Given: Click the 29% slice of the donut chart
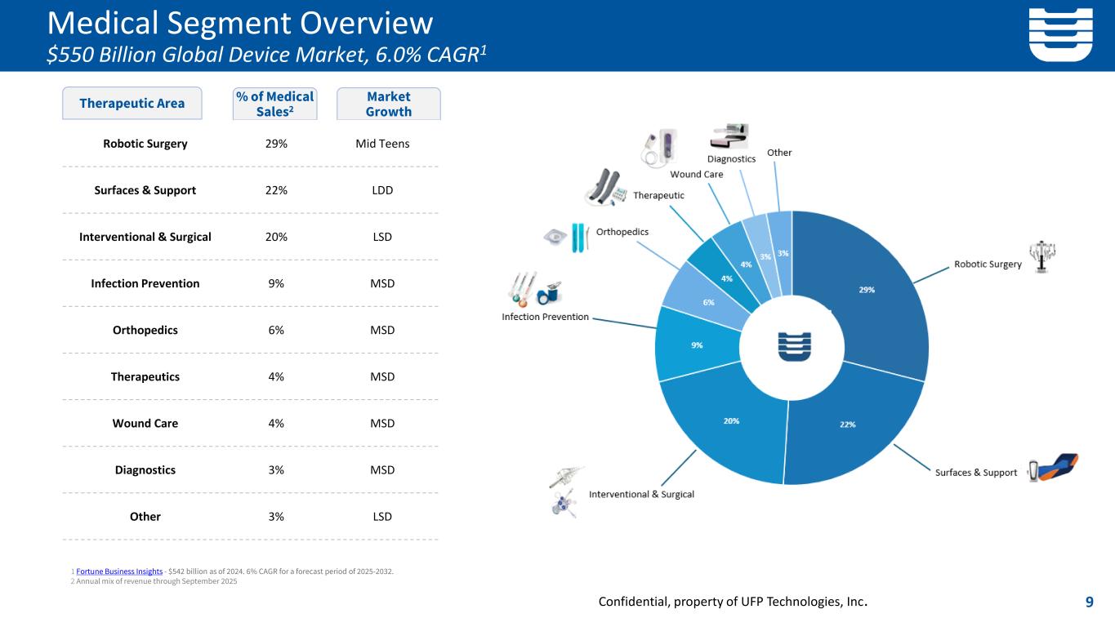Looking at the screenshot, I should pyautogui.click(x=866, y=291).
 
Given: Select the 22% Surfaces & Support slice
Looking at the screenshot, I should pyautogui.click(x=848, y=424).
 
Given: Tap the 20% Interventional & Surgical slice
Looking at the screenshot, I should pyautogui.click(x=731, y=421).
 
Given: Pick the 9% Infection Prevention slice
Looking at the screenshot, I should pyautogui.click(x=697, y=345).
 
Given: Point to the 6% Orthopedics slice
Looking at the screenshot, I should pyautogui.click(x=708, y=301).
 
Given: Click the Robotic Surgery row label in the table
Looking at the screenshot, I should pyautogui.click(x=145, y=144).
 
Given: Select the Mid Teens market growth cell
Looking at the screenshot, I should pyautogui.click(x=382, y=144).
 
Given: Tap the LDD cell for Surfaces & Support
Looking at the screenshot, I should pyautogui.click(x=382, y=190).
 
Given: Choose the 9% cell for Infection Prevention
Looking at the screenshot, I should pyautogui.click(x=275, y=283).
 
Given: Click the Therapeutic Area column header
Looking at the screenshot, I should pyautogui.click(x=132, y=104).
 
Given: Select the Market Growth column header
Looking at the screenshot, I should pyautogui.click(x=389, y=104).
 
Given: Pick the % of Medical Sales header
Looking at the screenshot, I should pyautogui.click(x=274, y=104).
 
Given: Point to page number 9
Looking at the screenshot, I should pyautogui.click(x=1090, y=603).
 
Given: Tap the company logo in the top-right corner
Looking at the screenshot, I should pyautogui.click(x=1060, y=34).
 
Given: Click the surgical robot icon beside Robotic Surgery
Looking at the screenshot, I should pyautogui.click(x=1041, y=256).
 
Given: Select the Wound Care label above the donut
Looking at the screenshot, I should pyautogui.click(x=696, y=174).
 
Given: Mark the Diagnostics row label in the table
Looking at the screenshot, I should pyautogui.click(x=145, y=470).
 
